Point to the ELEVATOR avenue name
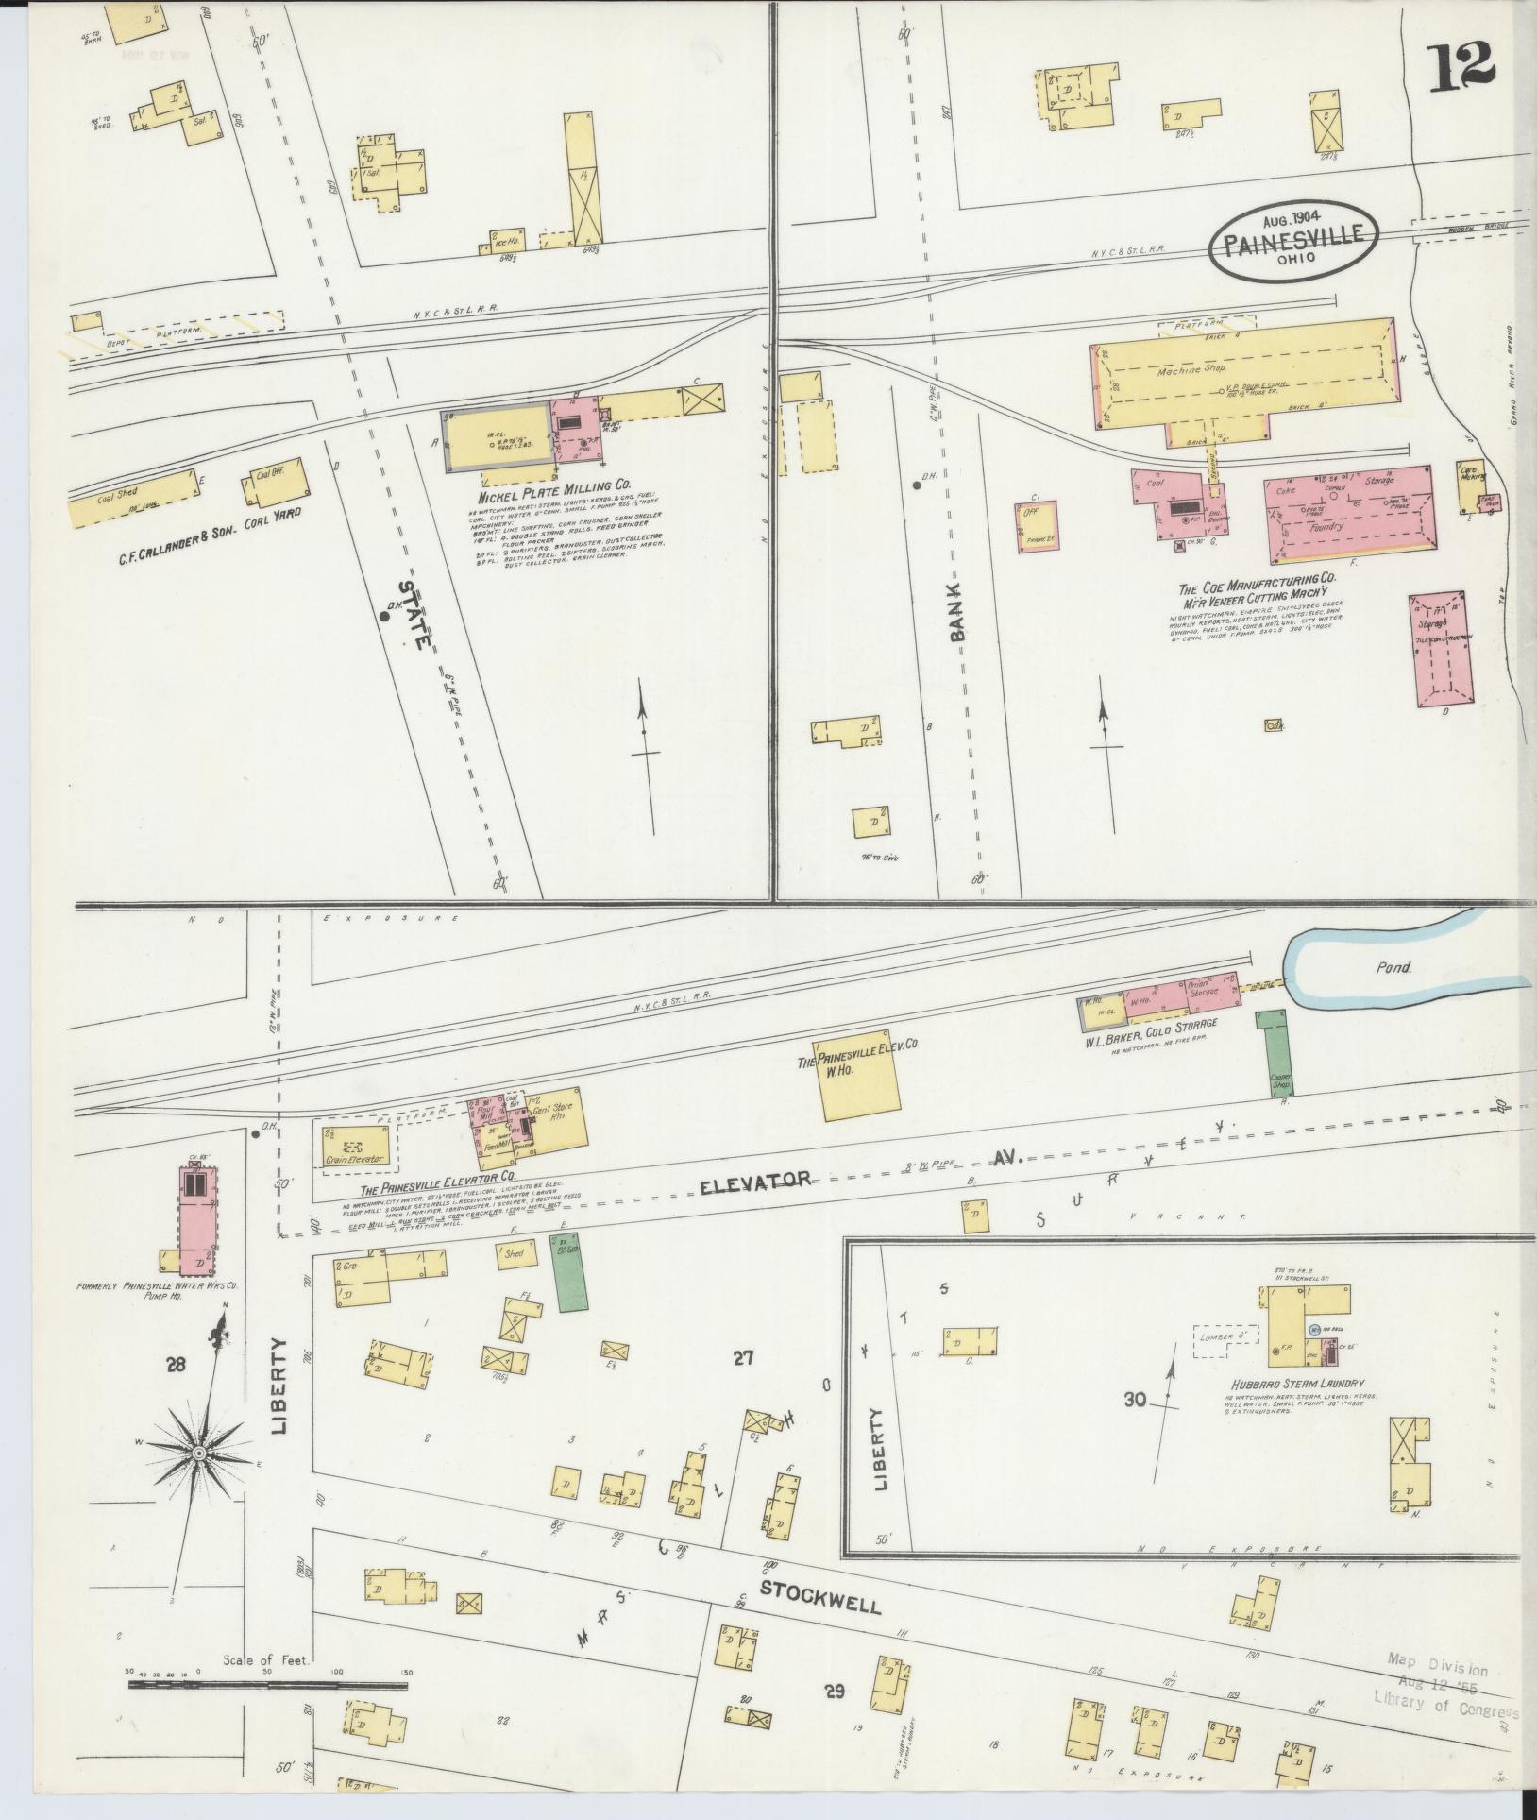tap(755, 1180)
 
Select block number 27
tap(744, 1359)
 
